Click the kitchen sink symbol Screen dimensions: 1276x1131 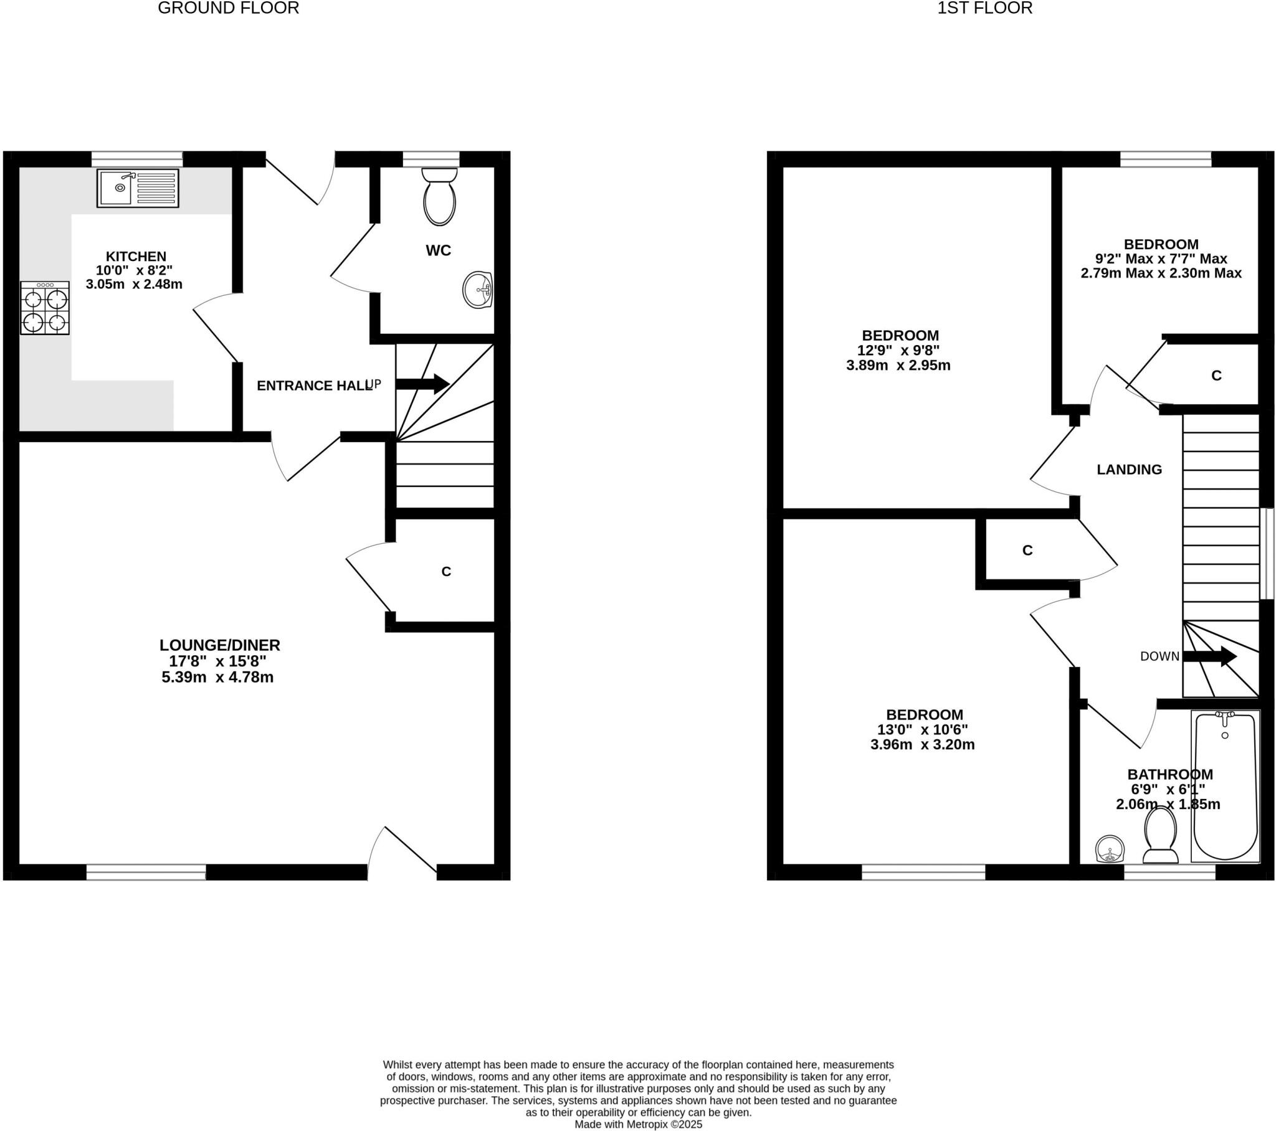click(137, 188)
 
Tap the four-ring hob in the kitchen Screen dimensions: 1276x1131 click(44, 308)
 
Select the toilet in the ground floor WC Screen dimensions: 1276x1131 click(439, 197)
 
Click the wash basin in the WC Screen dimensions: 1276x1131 click(478, 290)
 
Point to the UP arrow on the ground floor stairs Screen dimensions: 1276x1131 click(422, 384)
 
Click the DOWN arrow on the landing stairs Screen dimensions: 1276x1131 click(1210, 656)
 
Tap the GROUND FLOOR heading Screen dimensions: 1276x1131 click(229, 8)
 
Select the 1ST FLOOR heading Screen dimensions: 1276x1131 click(984, 8)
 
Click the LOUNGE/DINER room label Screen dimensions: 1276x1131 click(220, 645)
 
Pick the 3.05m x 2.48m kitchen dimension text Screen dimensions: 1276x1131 click(134, 285)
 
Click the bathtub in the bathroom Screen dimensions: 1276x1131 click(1225, 788)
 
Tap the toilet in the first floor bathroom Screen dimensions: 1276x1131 click(1160, 835)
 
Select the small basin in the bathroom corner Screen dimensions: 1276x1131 click(1110, 849)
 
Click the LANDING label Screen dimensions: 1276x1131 click(1129, 470)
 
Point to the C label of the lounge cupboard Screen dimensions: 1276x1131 click(445, 572)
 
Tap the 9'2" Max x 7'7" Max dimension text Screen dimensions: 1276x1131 click(1161, 258)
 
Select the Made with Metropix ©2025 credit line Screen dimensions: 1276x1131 click(638, 1124)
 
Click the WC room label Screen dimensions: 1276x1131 click(438, 250)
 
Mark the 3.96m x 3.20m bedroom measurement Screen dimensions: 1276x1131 click(922, 745)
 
